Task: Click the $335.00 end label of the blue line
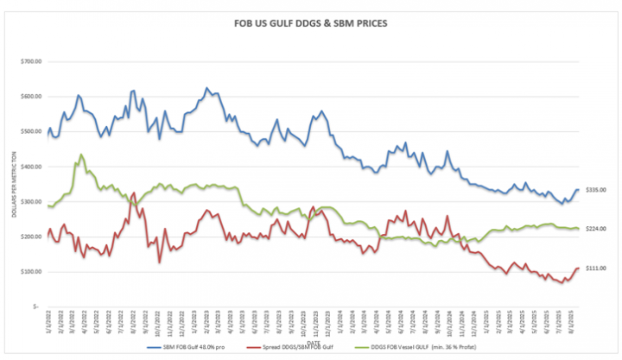click(x=596, y=190)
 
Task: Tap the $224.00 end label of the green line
click(x=596, y=229)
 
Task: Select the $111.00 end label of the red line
click(x=596, y=268)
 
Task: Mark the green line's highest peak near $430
click(x=81, y=155)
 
